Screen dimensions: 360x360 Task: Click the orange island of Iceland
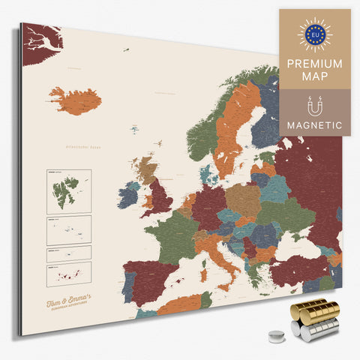(75, 100)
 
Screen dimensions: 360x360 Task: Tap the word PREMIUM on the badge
(314, 64)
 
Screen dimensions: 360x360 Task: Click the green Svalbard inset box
(68, 190)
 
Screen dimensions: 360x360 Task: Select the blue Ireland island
(127, 197)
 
